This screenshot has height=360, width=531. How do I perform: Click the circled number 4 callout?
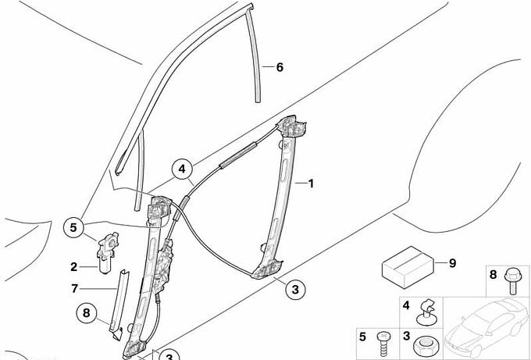pyautogui.click(x=182, y=169)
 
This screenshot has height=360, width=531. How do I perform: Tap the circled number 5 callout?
pyautogui.click(x=73, y=227)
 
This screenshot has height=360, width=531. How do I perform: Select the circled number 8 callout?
pyautogui.click(x=87, y=312)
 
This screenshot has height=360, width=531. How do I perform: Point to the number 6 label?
pyautogui.click(x=280, y=67)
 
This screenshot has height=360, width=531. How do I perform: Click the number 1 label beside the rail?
pyautogui.click(x=311, y=184)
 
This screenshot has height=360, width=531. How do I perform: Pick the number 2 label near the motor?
pyautogui.click(x=74, y=267)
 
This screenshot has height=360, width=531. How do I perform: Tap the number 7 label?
pyautogui.click(x=74, y=288)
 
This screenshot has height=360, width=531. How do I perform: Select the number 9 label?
pyautogui.click(x=452, y=263)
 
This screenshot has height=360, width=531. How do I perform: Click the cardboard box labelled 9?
pyautogui.click(x=408, y=268)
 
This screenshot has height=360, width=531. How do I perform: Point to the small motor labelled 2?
pyautogui.click(x=107, y=252)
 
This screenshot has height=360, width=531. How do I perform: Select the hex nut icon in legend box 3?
pyautogui.click(x=425, y=346)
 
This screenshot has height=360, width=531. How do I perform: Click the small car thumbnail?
pyautogui.click(x=486, y=327)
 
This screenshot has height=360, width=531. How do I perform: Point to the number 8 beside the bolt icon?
pyautogui.click(x=493, y=274)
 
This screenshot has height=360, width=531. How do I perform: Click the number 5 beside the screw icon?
pyautogui.click(x=362, y=337)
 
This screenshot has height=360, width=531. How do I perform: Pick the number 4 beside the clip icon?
pyautogui.click(x=406, y=306)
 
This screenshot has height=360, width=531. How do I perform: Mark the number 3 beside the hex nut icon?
pyautogui.click(x=406, y=336)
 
